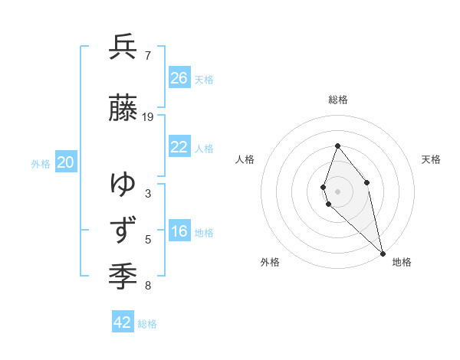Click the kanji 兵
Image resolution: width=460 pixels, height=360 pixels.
123,47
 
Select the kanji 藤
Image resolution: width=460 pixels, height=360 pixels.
123,109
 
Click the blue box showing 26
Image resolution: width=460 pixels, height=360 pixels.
179,78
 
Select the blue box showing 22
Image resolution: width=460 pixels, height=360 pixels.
179,147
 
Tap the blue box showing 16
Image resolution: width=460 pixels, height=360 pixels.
179,231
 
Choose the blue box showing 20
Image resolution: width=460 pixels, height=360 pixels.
66,162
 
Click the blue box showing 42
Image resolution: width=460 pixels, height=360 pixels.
123,322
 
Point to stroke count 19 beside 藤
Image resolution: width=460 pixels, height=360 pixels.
148,117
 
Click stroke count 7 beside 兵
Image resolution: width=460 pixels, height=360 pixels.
148,56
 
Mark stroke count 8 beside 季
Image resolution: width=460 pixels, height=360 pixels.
148,286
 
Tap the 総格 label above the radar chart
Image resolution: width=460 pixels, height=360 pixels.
338,100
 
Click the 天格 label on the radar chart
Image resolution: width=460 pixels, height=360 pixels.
432,159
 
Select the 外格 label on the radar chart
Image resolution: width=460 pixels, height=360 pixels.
270,262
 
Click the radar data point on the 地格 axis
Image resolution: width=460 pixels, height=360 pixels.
383,253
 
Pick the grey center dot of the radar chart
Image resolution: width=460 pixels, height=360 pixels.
338,191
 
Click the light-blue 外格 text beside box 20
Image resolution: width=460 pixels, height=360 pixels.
41,164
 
